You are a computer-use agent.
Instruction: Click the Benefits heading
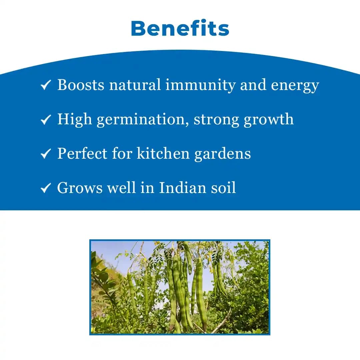pyautogui.click(x=180, y=29)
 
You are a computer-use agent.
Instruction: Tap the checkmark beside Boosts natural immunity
pyautogui.click(x=45, y=85)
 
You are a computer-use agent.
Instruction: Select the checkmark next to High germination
pyautogui.click(x=45, y=120)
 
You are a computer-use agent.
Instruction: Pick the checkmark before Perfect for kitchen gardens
pyautogui.click(x=45, y=154)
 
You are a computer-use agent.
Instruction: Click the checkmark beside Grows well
pyautogui.click(x=45, y=188)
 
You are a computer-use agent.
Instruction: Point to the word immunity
pyautogui.click(x=201, y=85)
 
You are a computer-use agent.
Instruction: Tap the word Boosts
pyautogui.click(x=81, y=85)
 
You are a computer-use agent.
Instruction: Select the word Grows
pyautogui.click(x=80, y=188)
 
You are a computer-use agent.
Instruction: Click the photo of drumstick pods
pyautogui.click(x=180, y=287)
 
